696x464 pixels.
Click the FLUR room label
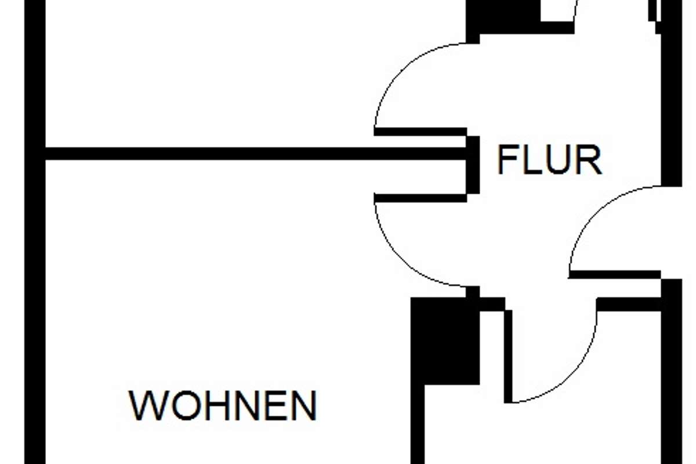click(x=549, y=160)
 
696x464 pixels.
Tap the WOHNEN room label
click(x=223, y=405)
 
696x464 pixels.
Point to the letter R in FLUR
click(x=590, y=160)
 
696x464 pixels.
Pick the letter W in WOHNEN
click(x=146, y=405)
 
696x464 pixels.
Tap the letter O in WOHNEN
click(x=180, y=405)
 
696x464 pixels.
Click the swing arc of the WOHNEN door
click(x=394, y=255)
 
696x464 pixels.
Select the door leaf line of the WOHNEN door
click(x=420, y=198)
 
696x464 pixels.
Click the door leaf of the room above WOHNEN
click(x=420, y=132)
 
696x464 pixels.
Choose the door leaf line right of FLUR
click(x=615, y=274)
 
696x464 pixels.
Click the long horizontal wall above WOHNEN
click(x=255, y=154)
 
